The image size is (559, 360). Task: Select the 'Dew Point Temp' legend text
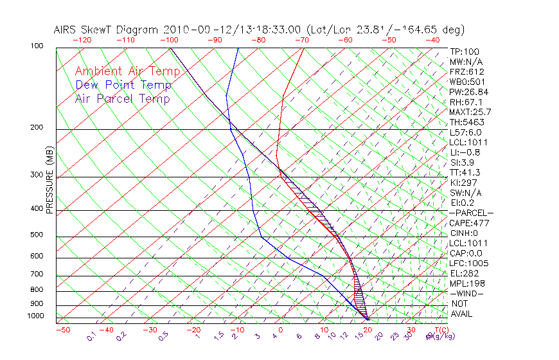(123, 85)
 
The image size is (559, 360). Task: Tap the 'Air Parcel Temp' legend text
(123, 98)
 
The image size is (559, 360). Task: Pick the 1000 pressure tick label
(36, 316)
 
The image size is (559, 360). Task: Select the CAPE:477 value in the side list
(469, 223)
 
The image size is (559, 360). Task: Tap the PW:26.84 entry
(469, 92)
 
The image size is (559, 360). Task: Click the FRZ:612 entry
(467, 72)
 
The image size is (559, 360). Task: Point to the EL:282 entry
(465, 273)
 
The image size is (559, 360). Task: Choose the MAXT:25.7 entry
(471, 112)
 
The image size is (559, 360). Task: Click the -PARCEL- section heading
(471, 213)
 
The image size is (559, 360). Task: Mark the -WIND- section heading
(467, 293)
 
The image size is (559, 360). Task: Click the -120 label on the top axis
(82, 40)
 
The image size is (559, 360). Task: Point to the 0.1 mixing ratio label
(91, 336)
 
